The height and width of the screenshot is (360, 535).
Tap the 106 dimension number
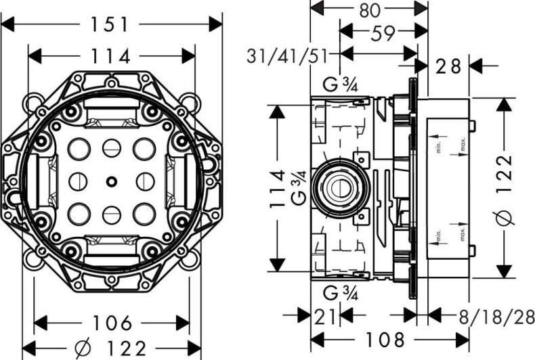tap(112, 323)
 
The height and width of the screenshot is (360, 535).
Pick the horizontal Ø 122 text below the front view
tap(112, 348)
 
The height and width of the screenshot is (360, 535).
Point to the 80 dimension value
tap(369, 9)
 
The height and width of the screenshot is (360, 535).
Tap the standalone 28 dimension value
tap(448, 66)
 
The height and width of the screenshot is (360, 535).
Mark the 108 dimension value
tap(390, 338)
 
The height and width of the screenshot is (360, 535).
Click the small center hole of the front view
tap(111, 181)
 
